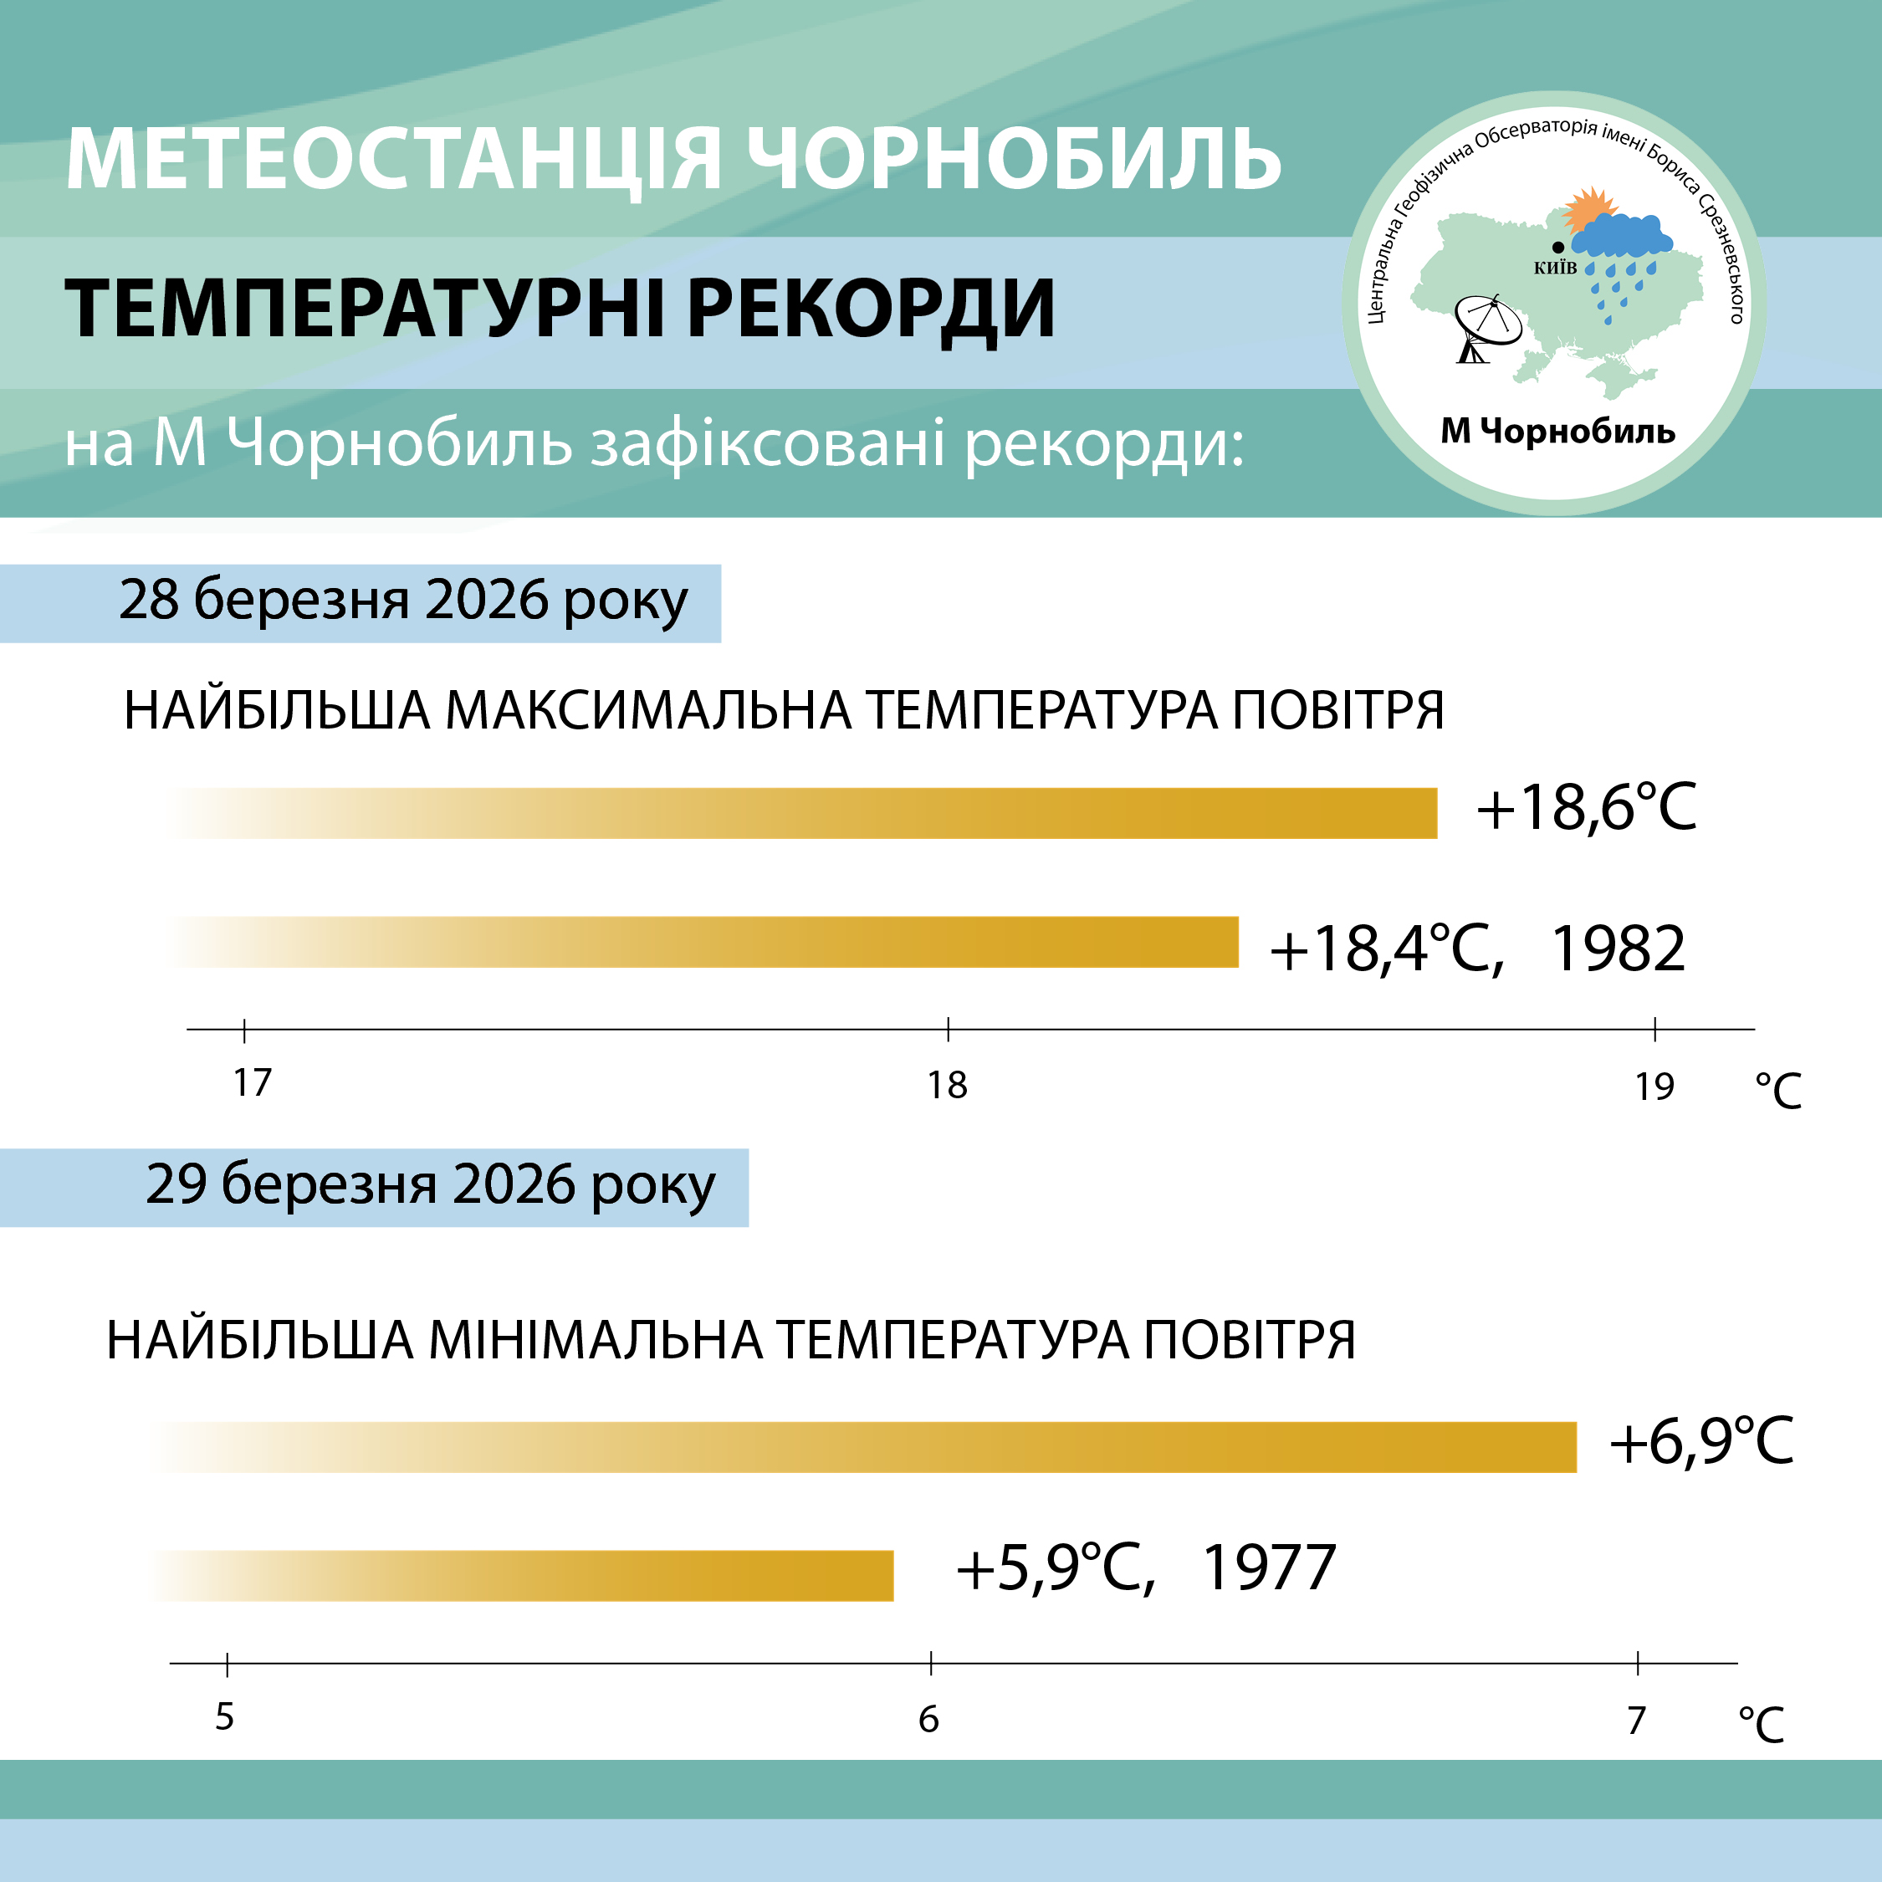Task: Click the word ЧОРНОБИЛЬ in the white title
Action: click(x=1014, y=158)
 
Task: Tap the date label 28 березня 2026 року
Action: click(x=403, y=600)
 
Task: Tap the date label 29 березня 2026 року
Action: click(x=431, y=1184)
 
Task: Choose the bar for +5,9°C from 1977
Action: click(x=521, y=1575)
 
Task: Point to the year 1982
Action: click(x=1618, y=949)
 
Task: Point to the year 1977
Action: click(x=1269, y=1568)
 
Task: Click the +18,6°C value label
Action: click(x=1587, y=807)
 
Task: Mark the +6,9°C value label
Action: click(x=1700, y=1442)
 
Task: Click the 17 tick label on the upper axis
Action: click(x=253, y=1082)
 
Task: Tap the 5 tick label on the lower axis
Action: click(x=225, y=1716)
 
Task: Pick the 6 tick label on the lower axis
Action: click(x=929, y=1720)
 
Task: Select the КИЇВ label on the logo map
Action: click(x=1556, y=268)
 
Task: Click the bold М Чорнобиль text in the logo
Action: click(x=1557, y=430)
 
